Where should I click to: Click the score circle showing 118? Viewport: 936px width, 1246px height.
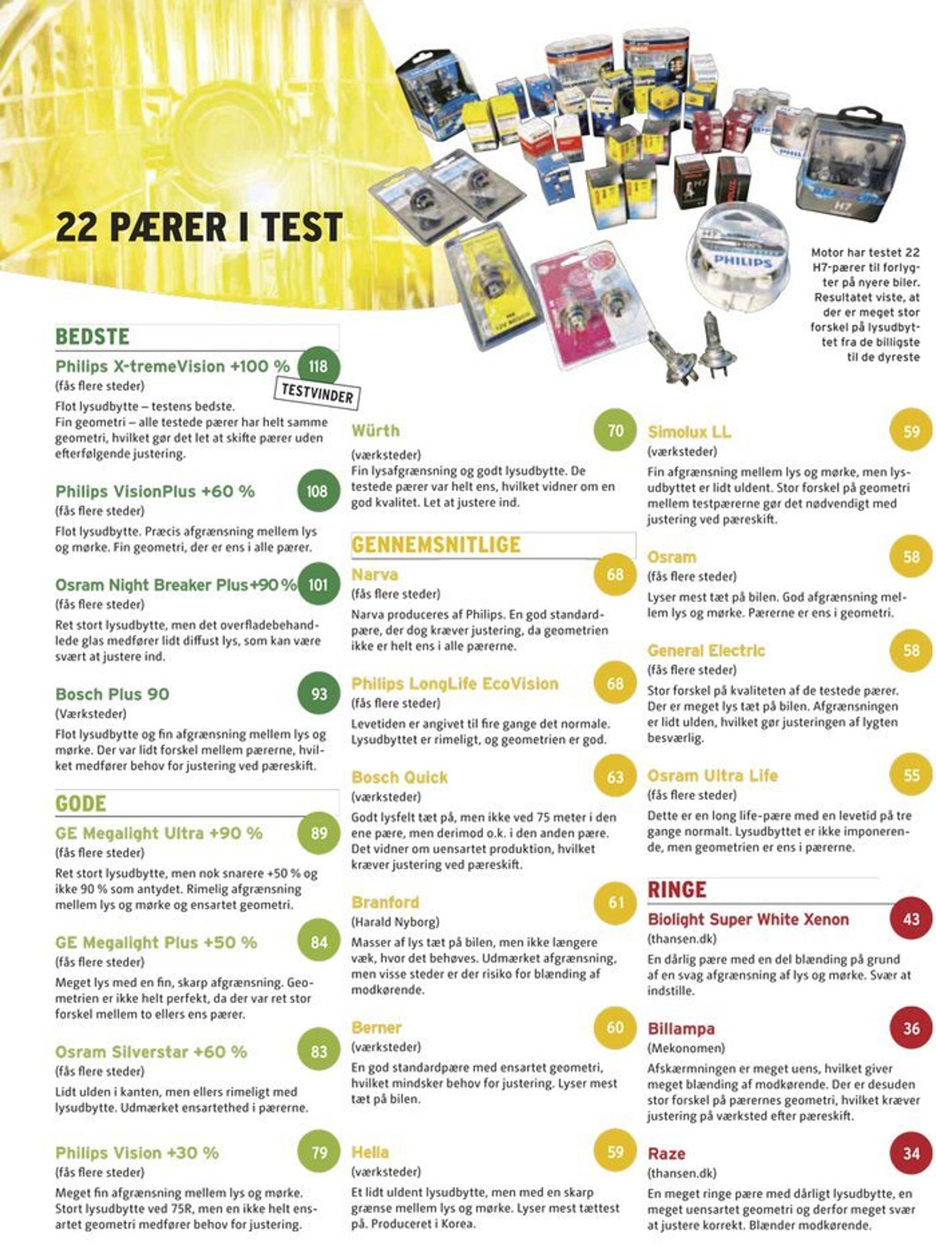318,367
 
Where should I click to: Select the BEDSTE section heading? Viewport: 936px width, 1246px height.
92,337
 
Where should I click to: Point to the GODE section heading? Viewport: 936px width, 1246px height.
81,803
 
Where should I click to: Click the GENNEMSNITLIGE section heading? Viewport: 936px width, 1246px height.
436,545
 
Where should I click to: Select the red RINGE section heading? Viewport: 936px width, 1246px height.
677,890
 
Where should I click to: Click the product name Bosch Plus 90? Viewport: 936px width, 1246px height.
112,694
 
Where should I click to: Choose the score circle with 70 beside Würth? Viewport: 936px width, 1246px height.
615,431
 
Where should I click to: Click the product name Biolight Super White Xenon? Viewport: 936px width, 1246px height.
748,919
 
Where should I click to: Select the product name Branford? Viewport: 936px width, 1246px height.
385,902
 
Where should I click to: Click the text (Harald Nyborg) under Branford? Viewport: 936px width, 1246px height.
395,922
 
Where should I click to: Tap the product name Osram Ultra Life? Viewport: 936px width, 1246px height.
712,776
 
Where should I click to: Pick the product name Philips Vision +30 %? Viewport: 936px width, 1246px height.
137,1153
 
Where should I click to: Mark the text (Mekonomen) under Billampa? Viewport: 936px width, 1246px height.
686,1048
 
